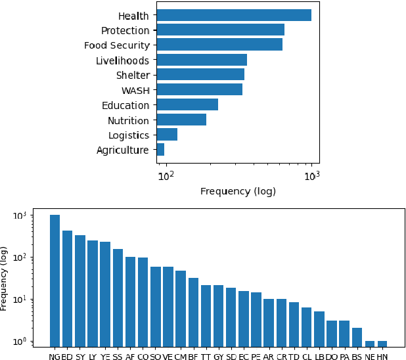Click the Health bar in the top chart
tap(234, 15)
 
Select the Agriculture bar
tap(161, 150)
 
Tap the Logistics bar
tap(168, 135)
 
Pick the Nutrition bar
tap(181, 120)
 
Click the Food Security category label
tap(117, 45)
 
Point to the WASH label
tap(135, 90)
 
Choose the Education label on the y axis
tap(125, 105)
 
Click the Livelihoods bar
tap(202, 60)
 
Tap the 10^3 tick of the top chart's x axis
tap(311, 175)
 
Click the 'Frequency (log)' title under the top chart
tap(238, 192)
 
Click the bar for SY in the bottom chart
tap(80, 289)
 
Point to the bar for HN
tap(382, 343)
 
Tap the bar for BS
tap(357, 336)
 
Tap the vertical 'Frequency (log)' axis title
tap(5, 279)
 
